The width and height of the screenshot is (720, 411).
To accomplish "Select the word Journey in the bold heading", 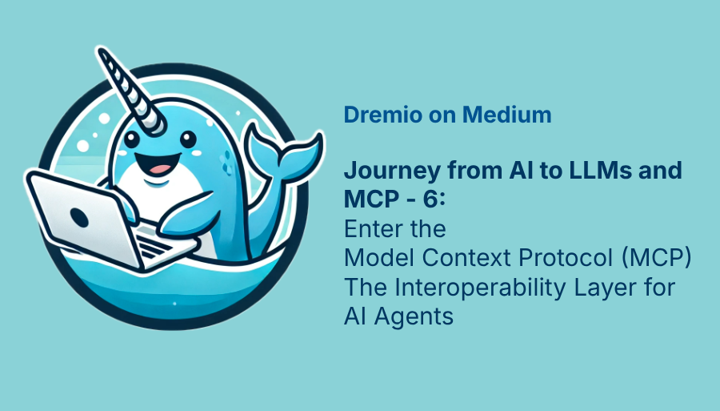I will [386, 171].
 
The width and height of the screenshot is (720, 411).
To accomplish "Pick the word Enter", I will [370, 229].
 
